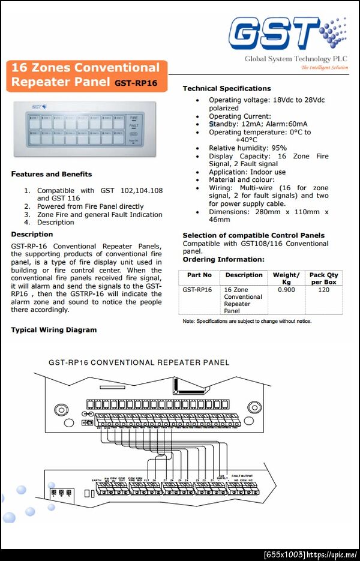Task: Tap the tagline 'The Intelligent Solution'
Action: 324,68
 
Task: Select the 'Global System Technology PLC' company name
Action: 296,59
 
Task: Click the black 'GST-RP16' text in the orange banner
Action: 136,83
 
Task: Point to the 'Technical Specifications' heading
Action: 227,88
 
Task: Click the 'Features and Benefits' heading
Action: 52,174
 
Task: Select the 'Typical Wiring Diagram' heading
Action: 53,329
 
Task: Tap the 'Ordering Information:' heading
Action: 223,259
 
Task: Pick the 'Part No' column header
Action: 199,275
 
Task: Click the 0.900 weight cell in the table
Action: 286,289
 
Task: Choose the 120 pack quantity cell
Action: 324,289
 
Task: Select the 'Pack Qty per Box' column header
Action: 324,278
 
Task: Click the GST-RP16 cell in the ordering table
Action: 197,289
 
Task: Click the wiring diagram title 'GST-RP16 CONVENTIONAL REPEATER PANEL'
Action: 139,362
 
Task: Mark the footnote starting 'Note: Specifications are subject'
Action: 247,321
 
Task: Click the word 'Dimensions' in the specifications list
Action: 228,212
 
